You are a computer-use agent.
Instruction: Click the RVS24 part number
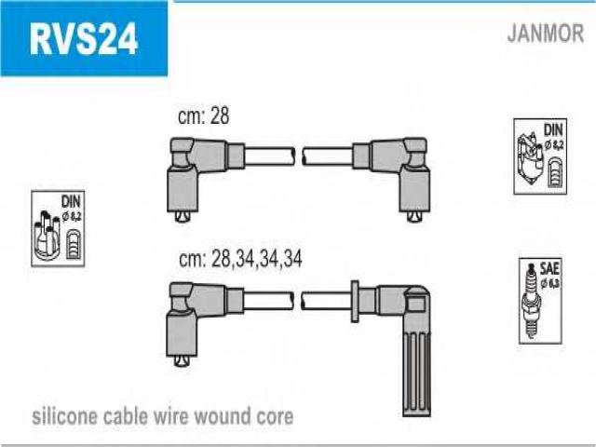(83, 38)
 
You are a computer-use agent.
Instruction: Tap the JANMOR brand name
(546, 34)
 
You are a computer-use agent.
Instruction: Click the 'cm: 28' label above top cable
(203, 116)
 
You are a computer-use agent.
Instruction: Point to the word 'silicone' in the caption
(62, 415)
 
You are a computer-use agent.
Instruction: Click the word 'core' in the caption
(275, 415)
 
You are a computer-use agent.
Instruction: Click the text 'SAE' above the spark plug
(549, 266)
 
